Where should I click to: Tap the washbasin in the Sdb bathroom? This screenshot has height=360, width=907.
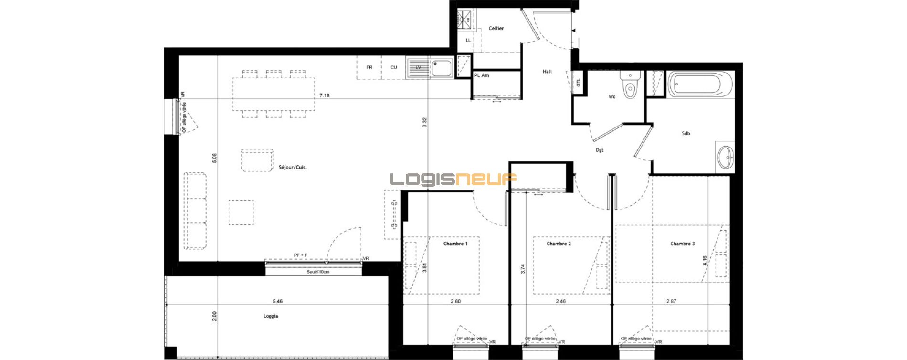[x=726, y=155]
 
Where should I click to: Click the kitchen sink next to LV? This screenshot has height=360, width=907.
[x=441, y=67]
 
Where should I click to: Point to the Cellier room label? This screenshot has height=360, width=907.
[x=496, y=29]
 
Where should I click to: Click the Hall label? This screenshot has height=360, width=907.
[x=547, y=72]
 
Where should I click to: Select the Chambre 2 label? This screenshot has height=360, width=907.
[x=559, y=244]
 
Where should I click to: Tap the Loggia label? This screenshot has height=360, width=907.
[x=271, y=316]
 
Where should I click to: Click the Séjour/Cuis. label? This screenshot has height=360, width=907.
[x=293, y=168]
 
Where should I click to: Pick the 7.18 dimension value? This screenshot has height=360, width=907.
[x=324, y=96]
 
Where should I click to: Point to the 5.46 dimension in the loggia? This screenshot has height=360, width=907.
[x=277, y=301]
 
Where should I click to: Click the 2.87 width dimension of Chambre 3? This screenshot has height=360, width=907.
[x=671, y=301]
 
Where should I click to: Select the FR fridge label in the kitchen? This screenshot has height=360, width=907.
[x=369, y=67]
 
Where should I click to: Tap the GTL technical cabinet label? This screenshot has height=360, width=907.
[x=579, y=83]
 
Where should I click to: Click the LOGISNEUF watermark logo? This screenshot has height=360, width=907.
[x=453, y=179]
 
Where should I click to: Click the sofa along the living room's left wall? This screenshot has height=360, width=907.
[x=196, y=211]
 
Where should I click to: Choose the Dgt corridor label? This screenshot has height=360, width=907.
[x=600, y=150]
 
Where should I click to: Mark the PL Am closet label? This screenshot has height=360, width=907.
[x=481, y=75]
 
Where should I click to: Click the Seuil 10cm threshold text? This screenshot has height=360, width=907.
[x=318, y=272]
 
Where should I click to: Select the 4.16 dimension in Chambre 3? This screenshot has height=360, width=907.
[x=705, y=261]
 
